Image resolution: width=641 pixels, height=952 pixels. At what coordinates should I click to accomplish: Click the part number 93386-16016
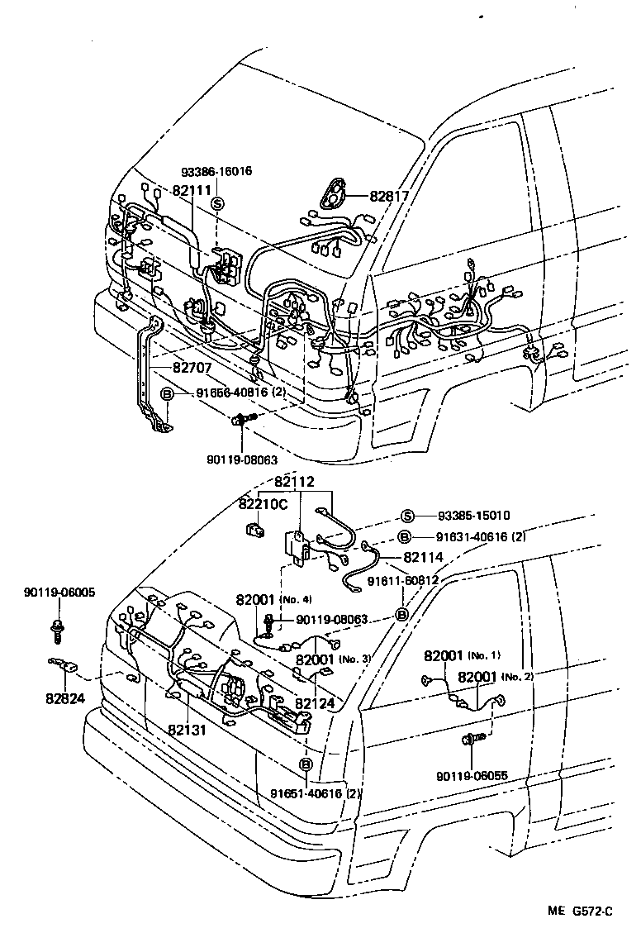[x=216, y=172]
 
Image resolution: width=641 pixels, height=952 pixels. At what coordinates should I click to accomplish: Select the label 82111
[x=192, y=190]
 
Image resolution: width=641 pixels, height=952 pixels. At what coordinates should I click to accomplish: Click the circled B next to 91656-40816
[x=165, y=394]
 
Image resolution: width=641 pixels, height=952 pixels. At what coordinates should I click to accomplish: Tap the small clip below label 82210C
[x=254, y=528]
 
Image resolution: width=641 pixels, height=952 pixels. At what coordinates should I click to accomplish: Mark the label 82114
[x=424, y=558]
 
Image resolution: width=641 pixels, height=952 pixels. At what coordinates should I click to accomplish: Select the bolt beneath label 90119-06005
[x=58, y=630]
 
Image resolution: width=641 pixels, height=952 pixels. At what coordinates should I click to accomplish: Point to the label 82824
[x=65, y=697]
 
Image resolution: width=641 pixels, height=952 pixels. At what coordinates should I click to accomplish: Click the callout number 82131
[x=188, y=730]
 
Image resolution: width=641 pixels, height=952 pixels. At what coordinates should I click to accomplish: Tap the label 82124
[x=316, y=703]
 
